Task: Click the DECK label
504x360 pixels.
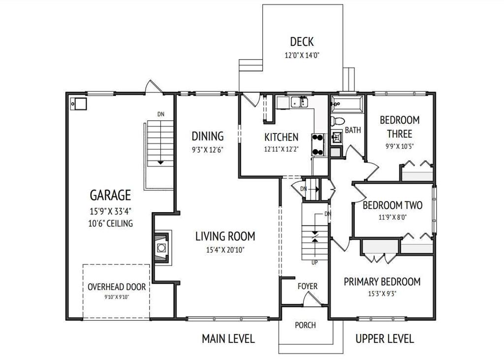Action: coord(302,41)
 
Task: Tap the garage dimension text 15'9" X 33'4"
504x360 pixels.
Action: coord(110,211)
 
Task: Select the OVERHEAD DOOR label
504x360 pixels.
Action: coord(117,287)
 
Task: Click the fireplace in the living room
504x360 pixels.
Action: coord(161,247)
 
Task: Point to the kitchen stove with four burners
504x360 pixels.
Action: coord(318,145)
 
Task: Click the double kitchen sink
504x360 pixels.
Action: coord(300,102)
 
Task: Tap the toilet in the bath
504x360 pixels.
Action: coord(337,121)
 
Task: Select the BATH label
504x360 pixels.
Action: coord(353,130)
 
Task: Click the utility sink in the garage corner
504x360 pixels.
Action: coord(78,104)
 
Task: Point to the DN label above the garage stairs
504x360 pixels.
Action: coord(161,114)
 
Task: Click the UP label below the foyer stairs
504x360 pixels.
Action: coord(315,262)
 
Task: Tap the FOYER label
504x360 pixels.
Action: coord(307,286)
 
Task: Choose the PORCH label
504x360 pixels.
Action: coord(305,325)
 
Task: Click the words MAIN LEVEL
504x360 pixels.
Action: coord(228,338)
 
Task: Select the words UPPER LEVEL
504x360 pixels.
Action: coord(384,338)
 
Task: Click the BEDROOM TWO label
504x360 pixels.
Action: coord(392,205)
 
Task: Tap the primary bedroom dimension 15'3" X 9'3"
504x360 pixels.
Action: coord(382,294)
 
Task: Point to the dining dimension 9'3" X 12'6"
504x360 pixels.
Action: coord(208,150)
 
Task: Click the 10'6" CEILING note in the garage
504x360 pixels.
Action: coord(111,223)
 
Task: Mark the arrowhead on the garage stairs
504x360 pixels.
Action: coord(161,163)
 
